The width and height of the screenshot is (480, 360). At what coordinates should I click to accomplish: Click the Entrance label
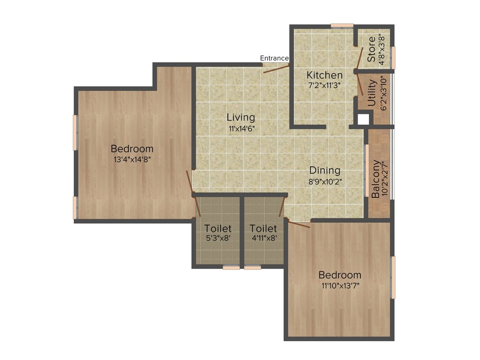coord(274,58)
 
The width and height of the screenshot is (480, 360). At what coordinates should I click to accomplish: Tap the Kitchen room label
coord(324,75)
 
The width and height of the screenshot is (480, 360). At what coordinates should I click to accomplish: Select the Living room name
coord(241,117)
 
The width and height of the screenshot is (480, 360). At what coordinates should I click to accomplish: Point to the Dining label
coord(324,171)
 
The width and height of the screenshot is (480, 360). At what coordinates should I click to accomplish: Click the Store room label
coord(372,49)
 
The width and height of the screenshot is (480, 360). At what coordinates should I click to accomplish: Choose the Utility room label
coord(372,94)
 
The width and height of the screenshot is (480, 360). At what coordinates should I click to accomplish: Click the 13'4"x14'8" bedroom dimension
coord(132,159)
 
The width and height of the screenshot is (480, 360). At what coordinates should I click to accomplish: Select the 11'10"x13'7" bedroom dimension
coord(340,285)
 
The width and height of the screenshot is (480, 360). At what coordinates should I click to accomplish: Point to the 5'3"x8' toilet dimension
coord(218,238)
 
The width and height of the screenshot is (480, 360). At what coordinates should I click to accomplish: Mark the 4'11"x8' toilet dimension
coord(263,238)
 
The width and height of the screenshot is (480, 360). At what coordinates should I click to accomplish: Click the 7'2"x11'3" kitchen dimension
coord(324,85)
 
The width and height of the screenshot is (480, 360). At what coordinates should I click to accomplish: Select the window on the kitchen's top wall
coord(342,26)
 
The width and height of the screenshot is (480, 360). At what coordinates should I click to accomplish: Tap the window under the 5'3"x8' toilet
coord(231,268)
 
